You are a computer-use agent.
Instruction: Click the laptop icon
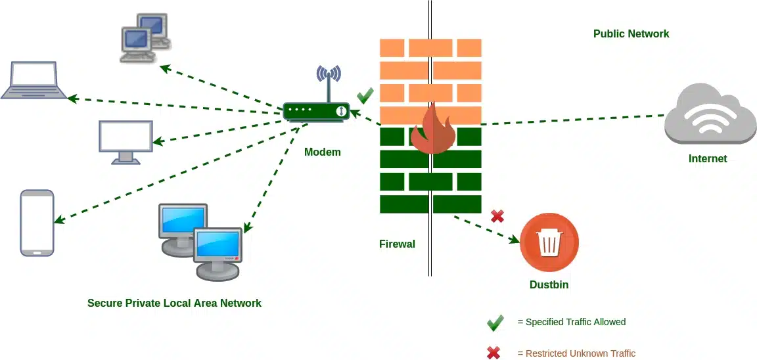click(x=34, y=80)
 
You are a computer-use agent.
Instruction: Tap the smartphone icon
click(x=37, y=223)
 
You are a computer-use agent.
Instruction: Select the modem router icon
click(x=316, y=111)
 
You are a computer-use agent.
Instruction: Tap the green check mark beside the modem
click(x=365, y=96)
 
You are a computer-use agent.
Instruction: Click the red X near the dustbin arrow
click(x=497, y=215)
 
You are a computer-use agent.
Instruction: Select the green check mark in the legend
click(x=495, y=323)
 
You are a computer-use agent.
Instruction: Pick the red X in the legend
click(x=493, y=353)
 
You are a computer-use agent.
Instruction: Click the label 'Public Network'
click(x=631, y=34)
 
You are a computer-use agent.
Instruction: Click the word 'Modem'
click(x=323, y=152)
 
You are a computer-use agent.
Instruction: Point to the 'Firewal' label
click(x=397, y=244)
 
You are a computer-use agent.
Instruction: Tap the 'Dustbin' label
click(x=549, y=284)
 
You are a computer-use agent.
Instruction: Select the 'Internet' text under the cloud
click(x=708, y=158)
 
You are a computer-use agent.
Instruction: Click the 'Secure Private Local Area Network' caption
click(x=174, y=303)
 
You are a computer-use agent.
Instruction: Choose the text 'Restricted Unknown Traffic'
click(x=580, y=353)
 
